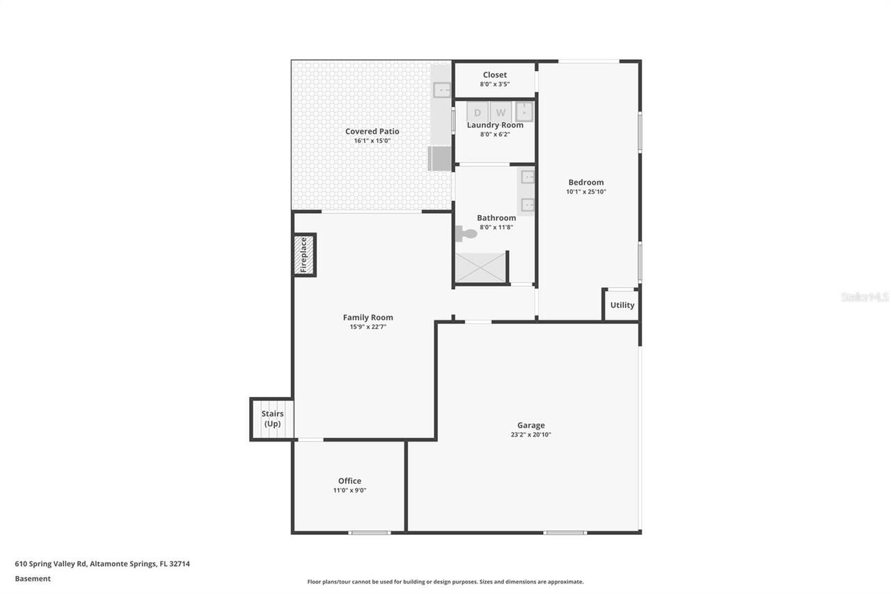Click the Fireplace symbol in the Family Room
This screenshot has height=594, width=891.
[304, 255]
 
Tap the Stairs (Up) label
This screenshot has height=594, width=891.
[272, 419]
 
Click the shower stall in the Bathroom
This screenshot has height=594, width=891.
[480, 267]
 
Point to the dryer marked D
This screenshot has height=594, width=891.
[478, 111]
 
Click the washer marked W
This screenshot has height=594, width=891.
[500, 111]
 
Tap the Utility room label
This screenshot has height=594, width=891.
[622, 305]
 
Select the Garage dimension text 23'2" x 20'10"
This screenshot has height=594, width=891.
[530, 435]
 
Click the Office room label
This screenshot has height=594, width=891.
[349, 480]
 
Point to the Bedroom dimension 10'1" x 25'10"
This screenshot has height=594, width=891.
[585, 192]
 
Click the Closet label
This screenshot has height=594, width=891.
[495, 75]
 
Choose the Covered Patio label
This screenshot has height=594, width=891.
[372, 131]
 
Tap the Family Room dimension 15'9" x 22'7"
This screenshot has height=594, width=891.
[368, 327]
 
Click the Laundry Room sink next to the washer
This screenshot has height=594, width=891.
[523, 111]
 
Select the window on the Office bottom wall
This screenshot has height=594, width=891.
[370, 533]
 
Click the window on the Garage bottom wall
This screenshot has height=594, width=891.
[565, 533]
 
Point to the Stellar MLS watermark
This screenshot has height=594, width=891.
[865, 297]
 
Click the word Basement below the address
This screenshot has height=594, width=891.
[33, 579]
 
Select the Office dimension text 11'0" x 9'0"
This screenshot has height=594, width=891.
[349, 490]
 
